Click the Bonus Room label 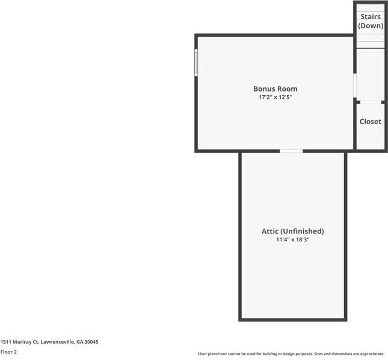(x=275, y=88)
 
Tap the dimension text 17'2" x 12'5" (x=275, y=97)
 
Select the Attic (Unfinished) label (x=292, y=231)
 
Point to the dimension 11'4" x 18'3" (x=292, y=240)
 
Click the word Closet (x=370, y=122)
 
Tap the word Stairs (x=370, y=17)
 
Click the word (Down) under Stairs (x=370, y=26)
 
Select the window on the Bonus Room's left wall (x=196, y=63)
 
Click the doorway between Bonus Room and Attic (x=291, y=151)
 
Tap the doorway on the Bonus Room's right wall (x=355, y=86)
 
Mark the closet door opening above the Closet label (x=370, y=102)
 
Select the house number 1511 (x=5, y=342)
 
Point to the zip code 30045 (x=91, y=342)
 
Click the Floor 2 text (x=8, y=352)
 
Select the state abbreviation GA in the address (x=79, y=342)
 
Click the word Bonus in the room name (x=263, y=88)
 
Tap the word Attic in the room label (x=270, y=231)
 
